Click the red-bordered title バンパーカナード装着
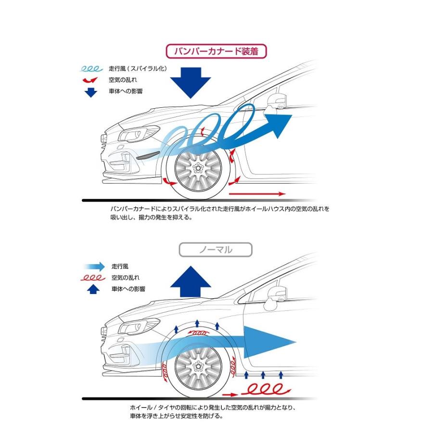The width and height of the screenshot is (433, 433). (216, 51)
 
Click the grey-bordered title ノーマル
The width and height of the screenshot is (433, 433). (215, 250)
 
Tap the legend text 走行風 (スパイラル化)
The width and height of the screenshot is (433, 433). (139, 69)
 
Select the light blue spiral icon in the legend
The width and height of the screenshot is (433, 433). (90, 69)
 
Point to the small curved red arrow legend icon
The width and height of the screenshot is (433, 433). (90, 80)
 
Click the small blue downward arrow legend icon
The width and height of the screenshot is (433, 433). (90, 91)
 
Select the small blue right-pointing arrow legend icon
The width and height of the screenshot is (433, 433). (94, 266)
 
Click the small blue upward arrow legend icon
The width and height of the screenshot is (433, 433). (94, 289)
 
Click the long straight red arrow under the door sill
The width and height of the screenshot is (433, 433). (257, 194)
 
